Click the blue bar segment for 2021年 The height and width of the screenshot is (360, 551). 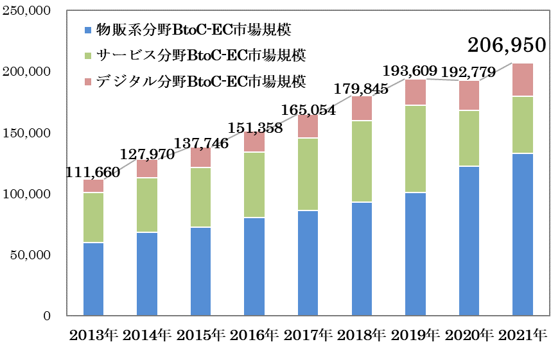[523, 234]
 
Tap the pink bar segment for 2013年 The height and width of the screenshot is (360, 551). [93, 186]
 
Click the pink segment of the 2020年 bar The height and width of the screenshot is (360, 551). [469, 96]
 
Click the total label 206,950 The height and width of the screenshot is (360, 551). [507, 45]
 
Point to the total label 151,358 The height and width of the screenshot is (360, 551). [256, 128]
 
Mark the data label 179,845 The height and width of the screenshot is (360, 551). [361, 89]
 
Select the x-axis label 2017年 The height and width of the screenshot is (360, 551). [308, 335]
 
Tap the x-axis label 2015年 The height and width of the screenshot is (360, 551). [200, 335]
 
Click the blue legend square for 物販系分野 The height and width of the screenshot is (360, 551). [89, 30]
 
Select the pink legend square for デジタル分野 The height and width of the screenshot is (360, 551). [89, 81]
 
